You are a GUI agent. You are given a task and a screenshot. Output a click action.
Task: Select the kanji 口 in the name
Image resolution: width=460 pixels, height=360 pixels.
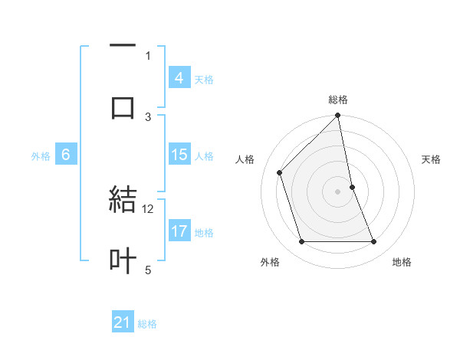(x=123, y=107)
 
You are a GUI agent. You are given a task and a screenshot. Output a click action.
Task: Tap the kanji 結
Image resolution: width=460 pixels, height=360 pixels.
(x=123, y=200)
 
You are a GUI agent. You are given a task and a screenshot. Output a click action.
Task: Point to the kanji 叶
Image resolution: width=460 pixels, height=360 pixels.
(x=123, y=260)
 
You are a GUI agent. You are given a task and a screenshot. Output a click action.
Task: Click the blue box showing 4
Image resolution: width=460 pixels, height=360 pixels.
(x=179, y=77)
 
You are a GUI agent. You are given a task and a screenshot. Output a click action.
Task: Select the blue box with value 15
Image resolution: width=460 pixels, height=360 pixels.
(x=179, y=155)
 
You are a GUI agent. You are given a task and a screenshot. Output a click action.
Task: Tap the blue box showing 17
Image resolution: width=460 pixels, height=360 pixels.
(x=179, y=231)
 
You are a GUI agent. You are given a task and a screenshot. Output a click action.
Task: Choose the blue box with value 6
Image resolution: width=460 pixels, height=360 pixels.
(x=66, y=155)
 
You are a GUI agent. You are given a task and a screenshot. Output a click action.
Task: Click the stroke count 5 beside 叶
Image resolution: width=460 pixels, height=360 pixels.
(x=148, y=270)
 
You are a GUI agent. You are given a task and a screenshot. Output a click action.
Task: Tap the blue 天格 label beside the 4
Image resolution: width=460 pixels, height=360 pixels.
(x=204, y=79)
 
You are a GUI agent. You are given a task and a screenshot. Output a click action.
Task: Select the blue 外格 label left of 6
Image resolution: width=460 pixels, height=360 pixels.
(x=41, y=156)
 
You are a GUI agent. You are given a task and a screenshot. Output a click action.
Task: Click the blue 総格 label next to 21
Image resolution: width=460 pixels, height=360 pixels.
(x=147, y=324)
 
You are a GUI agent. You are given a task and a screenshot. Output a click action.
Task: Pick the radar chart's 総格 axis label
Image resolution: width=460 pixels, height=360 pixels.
(x=338, y=100)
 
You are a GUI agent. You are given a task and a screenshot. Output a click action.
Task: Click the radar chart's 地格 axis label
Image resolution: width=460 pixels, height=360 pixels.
(x=402, y=263)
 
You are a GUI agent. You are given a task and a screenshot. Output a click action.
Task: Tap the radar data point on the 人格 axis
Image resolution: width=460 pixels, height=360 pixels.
(x=280, y=172)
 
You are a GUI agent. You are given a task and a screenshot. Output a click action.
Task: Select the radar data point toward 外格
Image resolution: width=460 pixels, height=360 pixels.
(x=302, y=242)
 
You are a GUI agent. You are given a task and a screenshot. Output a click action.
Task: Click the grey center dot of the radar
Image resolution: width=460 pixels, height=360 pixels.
(x=338, y=191)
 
